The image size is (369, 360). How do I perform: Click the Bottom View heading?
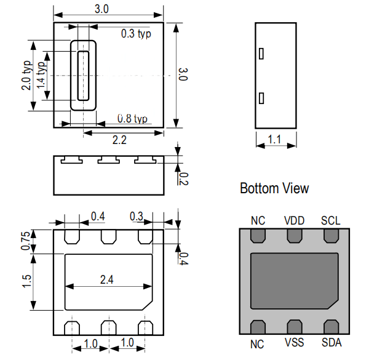pos(274,188)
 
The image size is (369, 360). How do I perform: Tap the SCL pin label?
pos(331,221)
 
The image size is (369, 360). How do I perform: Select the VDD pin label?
pos(294,221)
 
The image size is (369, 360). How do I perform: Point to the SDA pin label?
pos(331,343)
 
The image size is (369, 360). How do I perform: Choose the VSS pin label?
pos(294,343)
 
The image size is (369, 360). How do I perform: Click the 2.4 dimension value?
pos(106,280)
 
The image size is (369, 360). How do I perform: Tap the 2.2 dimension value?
pos(119,140)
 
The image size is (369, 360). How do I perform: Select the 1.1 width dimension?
pos(274,140)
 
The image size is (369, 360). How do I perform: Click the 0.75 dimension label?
pos(25,241)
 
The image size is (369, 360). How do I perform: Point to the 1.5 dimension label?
pos(26,281)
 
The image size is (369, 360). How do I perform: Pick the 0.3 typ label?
pos(136,34)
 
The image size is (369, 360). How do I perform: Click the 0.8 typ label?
pos(132,119)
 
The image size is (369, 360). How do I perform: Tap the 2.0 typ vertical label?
pos(26,75)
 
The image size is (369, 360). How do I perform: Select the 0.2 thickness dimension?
pos(183,178)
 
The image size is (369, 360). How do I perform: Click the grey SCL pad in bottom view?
pos(331,236)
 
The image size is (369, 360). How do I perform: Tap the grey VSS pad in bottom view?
pos(295,327)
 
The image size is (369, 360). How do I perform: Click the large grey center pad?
pos(295,281)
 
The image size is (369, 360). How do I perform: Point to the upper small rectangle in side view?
pos(261,54)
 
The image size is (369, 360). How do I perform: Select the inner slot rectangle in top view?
pos(83,76)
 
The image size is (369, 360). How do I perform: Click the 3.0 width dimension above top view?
pos(101,9)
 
